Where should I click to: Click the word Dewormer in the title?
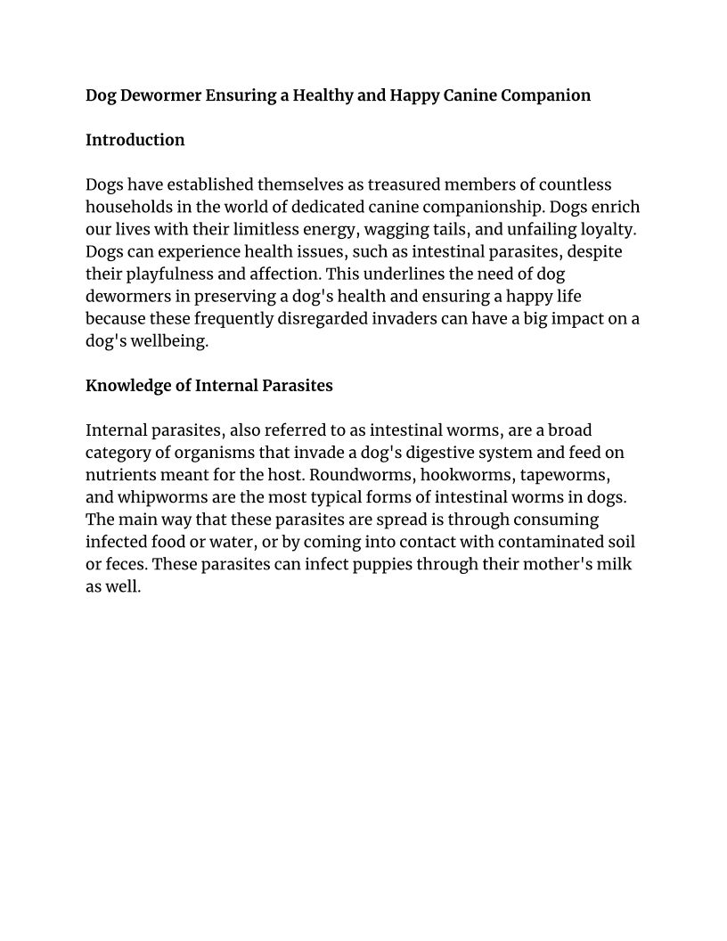click(x=163, y=95)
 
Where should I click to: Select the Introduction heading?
click(x=135, y=140)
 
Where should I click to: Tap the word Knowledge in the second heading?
click(x=126, y=386)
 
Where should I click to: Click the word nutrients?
click(x=125, y=475)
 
